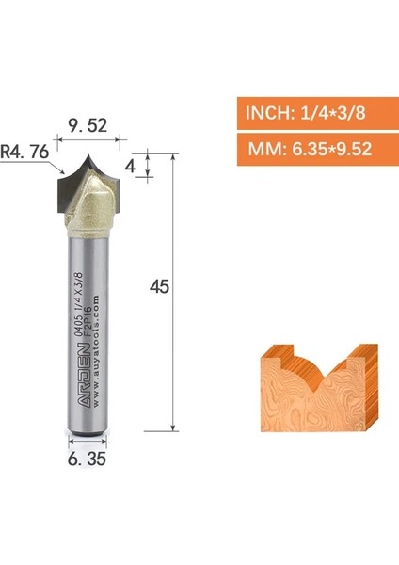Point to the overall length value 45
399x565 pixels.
(160, 287)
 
